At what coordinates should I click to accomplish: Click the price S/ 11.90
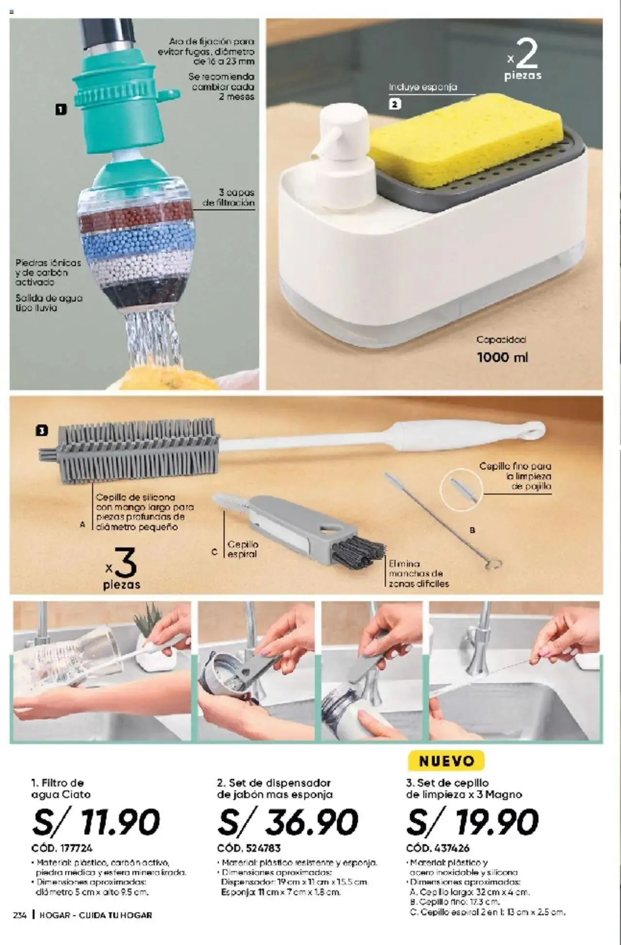pos(96,822)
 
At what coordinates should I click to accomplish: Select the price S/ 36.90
pos(288,822)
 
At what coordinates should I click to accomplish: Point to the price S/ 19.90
pos(473,822)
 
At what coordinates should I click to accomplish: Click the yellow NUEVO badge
pos(446,761)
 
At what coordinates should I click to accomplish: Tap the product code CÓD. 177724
pos(62,848)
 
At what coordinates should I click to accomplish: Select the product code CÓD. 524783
pos(249,848)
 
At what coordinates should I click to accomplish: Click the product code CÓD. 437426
pos(438,848)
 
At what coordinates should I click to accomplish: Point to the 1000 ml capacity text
pos(502,357)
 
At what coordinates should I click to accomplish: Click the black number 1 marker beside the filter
pos(61,110)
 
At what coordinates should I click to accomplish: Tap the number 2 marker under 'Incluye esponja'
pos(395,104)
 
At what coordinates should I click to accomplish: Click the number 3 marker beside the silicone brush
pos(42,431)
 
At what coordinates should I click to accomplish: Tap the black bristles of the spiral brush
pos(358,551)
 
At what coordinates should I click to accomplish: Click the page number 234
pos(20,915)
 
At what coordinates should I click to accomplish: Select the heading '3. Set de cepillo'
pos(447,783)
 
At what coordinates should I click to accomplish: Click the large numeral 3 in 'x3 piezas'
pos(126,563)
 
